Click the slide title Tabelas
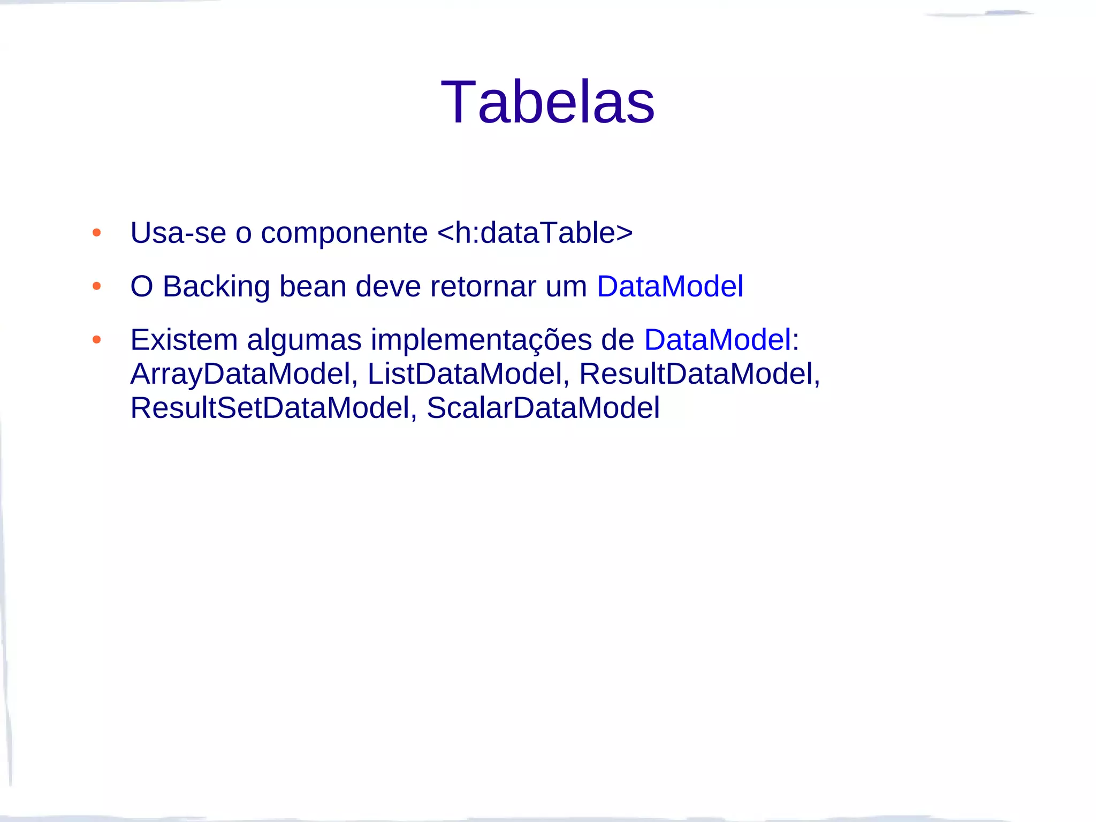point(547,102)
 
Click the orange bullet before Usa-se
point(96,233)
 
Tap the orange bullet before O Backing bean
point(96,286)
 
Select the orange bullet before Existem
point(96,340)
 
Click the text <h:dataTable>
point(535,233)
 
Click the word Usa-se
point(178,233)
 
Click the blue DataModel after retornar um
point(670,286)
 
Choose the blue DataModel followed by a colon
point(717,340)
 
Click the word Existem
point(184,340)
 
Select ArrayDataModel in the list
point(240,374)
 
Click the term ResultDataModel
point(696,374)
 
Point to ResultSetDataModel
point(270,408)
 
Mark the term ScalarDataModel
point(543,408)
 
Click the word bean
point(313,287)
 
